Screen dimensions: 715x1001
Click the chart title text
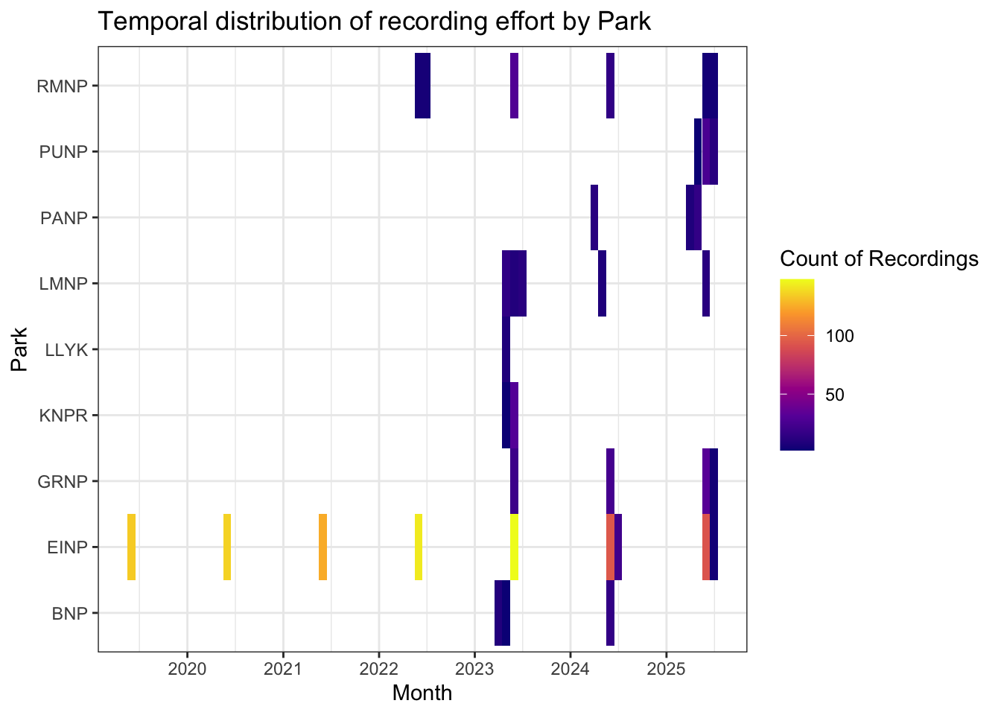[375, 22]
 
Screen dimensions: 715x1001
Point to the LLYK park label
[67, 349]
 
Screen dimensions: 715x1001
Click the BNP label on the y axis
[70, 614]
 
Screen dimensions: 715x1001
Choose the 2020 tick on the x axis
[188, 668]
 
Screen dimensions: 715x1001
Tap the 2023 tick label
[474, 668]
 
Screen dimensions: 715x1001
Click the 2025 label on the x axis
[666, 668]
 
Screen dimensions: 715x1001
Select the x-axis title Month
[422, 693]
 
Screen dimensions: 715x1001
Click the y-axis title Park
[19, 349]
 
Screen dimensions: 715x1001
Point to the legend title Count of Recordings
[879, 258]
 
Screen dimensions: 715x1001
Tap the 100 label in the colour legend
[840, 337]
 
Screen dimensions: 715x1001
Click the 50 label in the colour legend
[835, 395]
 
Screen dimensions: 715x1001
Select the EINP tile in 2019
[132, 547]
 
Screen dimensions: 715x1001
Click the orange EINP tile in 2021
[322, 547]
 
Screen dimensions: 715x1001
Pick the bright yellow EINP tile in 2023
[514, 547]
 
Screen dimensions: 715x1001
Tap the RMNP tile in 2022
[422, 86]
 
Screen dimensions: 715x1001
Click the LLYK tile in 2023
[506, 349]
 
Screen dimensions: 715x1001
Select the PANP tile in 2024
[594, 217]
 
